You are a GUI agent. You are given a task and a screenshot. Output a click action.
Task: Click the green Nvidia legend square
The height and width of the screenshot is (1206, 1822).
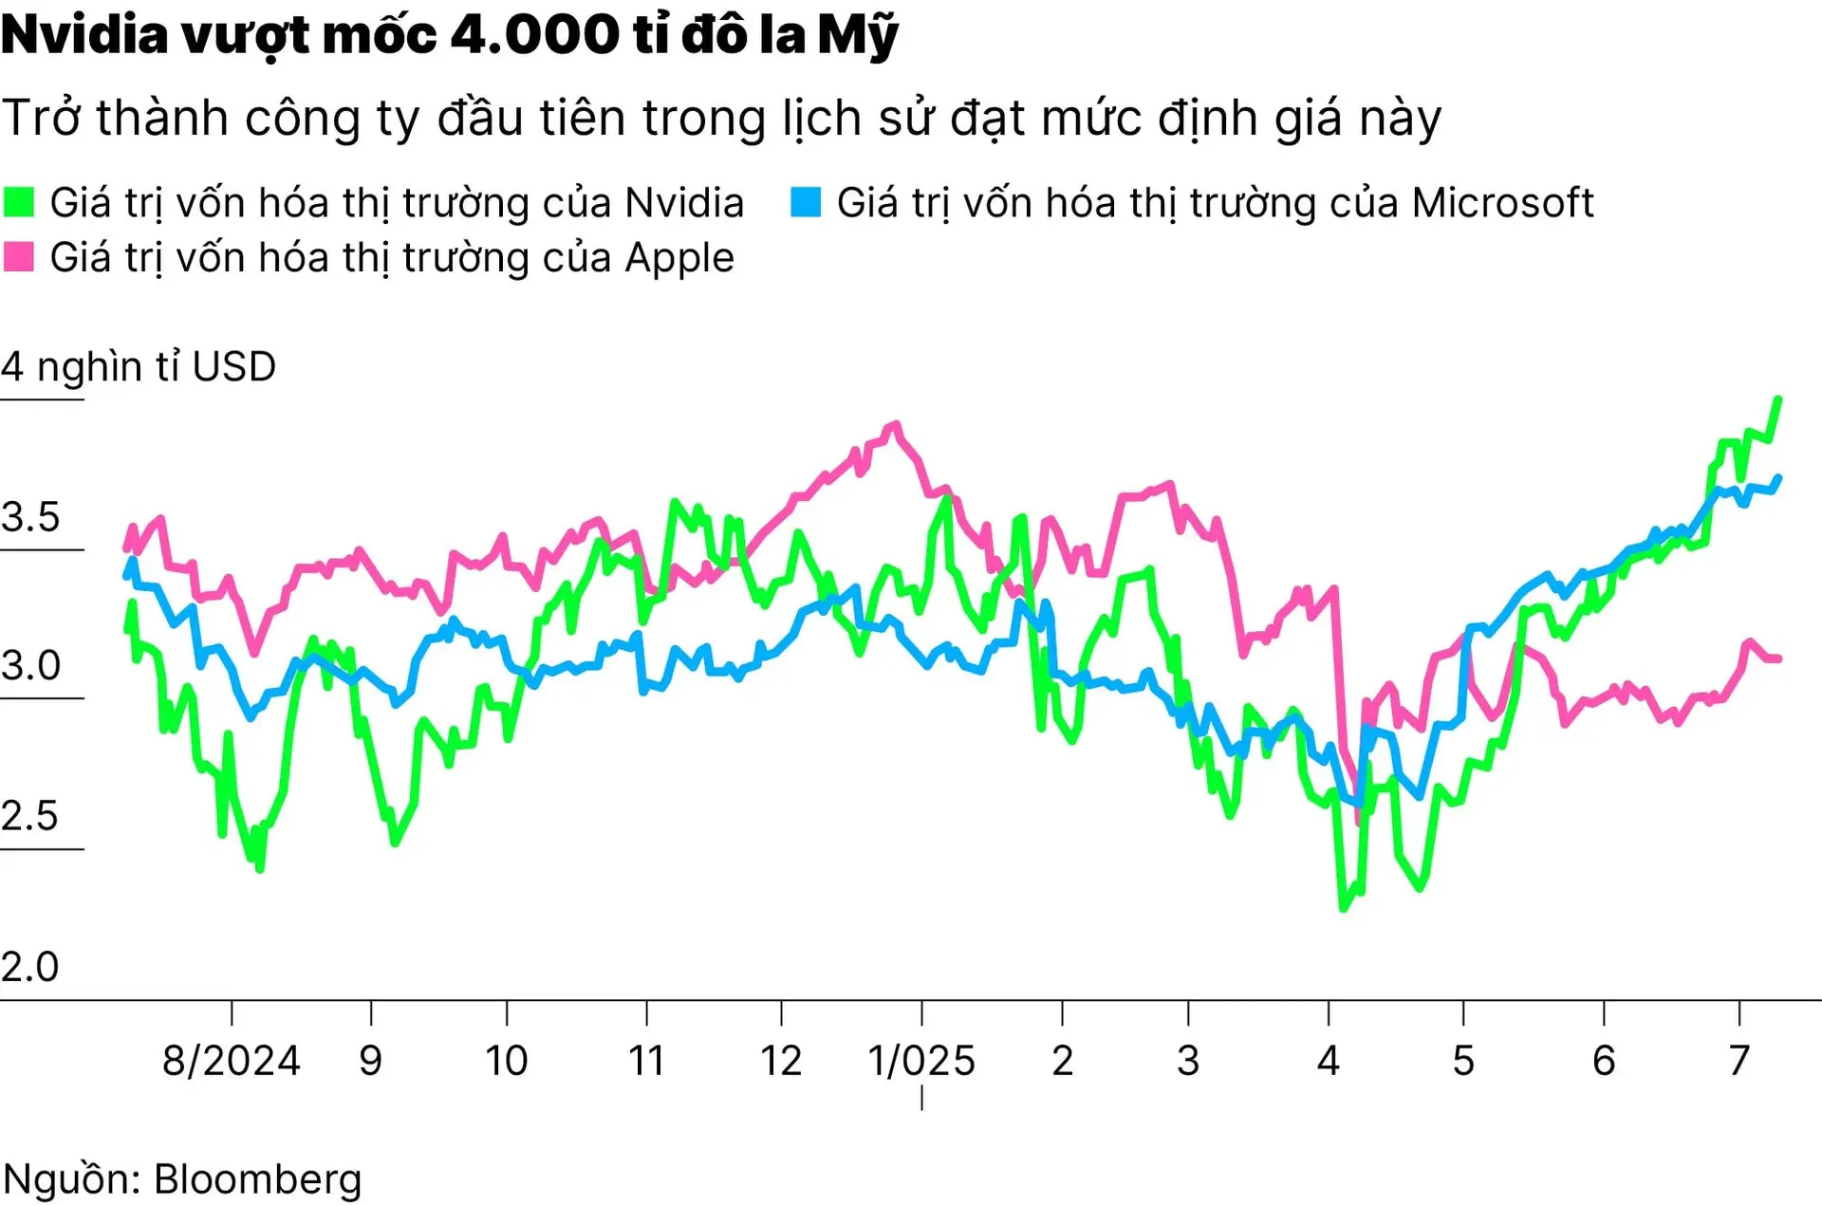pos(19,202)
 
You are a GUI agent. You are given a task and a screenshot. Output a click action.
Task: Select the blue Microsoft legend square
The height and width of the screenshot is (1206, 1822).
pos(806,202)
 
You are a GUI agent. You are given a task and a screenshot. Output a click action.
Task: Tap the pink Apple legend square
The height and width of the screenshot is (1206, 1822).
pos(19,257)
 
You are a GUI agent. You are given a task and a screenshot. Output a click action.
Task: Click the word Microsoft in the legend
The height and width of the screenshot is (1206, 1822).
pos(1502,203)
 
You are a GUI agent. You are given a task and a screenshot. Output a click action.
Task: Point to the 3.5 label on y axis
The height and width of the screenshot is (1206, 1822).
pos(30,517)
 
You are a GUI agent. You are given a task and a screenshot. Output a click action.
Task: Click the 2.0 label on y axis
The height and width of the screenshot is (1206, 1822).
pos(30,967)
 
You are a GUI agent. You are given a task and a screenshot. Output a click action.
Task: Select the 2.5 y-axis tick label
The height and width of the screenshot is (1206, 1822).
pos(30,816)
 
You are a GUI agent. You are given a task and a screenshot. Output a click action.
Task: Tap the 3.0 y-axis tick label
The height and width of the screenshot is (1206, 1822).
pos(30,666)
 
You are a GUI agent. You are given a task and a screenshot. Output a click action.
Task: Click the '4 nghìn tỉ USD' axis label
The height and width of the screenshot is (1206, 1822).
pos(139,367)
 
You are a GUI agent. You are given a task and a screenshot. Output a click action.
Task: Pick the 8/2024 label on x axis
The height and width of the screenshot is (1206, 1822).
pos(231,1061)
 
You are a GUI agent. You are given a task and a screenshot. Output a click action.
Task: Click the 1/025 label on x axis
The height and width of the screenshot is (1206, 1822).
pos(921,1061)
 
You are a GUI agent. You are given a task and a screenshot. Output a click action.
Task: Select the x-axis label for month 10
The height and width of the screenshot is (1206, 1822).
pos(506,1061)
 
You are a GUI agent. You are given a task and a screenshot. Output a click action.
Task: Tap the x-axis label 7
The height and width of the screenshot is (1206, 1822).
pos(1738,1061)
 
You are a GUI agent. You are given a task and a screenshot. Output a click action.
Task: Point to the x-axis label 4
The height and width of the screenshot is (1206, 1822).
pos(1328,1061)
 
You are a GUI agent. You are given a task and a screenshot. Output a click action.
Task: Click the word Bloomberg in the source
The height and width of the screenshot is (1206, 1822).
pos(257,1179)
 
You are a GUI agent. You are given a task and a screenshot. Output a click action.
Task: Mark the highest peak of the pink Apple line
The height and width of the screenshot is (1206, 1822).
pos(894,425)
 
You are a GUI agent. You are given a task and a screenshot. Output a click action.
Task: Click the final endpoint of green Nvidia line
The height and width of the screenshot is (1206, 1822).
pos(1778,399)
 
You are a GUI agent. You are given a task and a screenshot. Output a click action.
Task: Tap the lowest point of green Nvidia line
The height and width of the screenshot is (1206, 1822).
pos(1343,908)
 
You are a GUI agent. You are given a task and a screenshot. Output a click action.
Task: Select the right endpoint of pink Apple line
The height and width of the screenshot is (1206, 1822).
pos(1778,659)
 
